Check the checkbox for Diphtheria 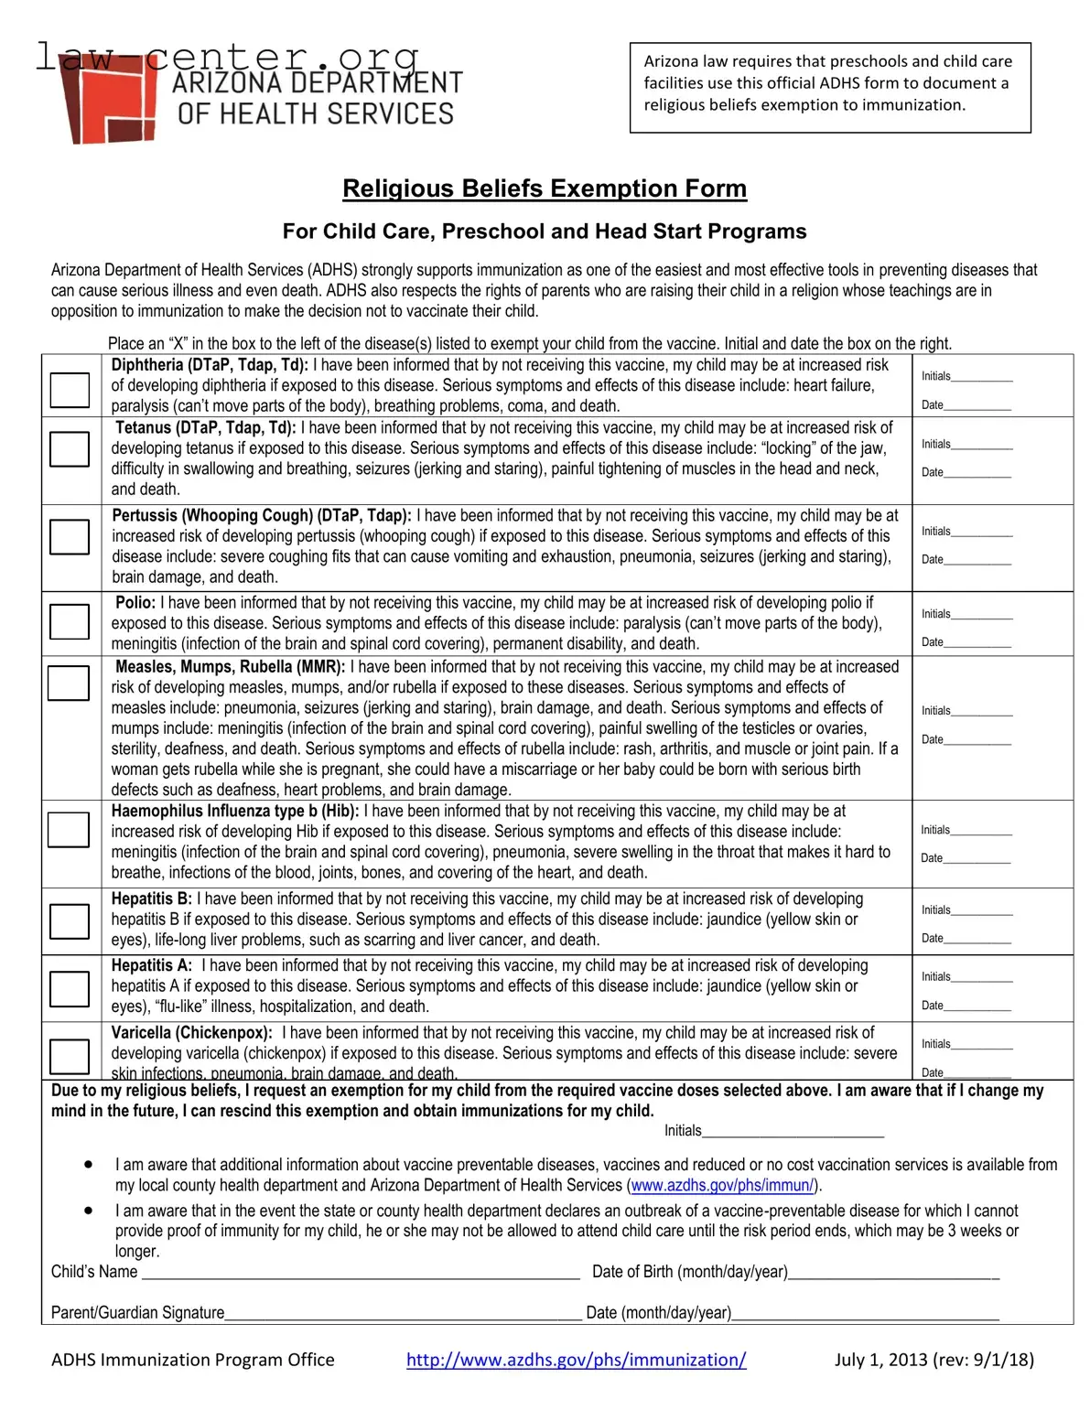pyautogui.click(x=70, y=390)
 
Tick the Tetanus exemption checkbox pyautogui.click(x=70, y=448)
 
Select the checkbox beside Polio pyautogui.click(x=70, y=621)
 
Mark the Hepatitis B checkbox pyautogui.click(x=70, y=920)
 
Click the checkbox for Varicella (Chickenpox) pyautogui.click(x=70, y=1056)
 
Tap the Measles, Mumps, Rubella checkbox pyautogui.click(x=69, y=683)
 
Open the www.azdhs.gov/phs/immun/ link pyautogui.click(x=722, y=1186)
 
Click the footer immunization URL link pyautogui.click(x=576, y=1360)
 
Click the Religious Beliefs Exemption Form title pyautogui.click(x=545, y=188)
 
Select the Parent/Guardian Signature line pyautogui.click(x=403, y=1314)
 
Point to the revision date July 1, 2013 pyautogui.click(x=934, y=1360)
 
